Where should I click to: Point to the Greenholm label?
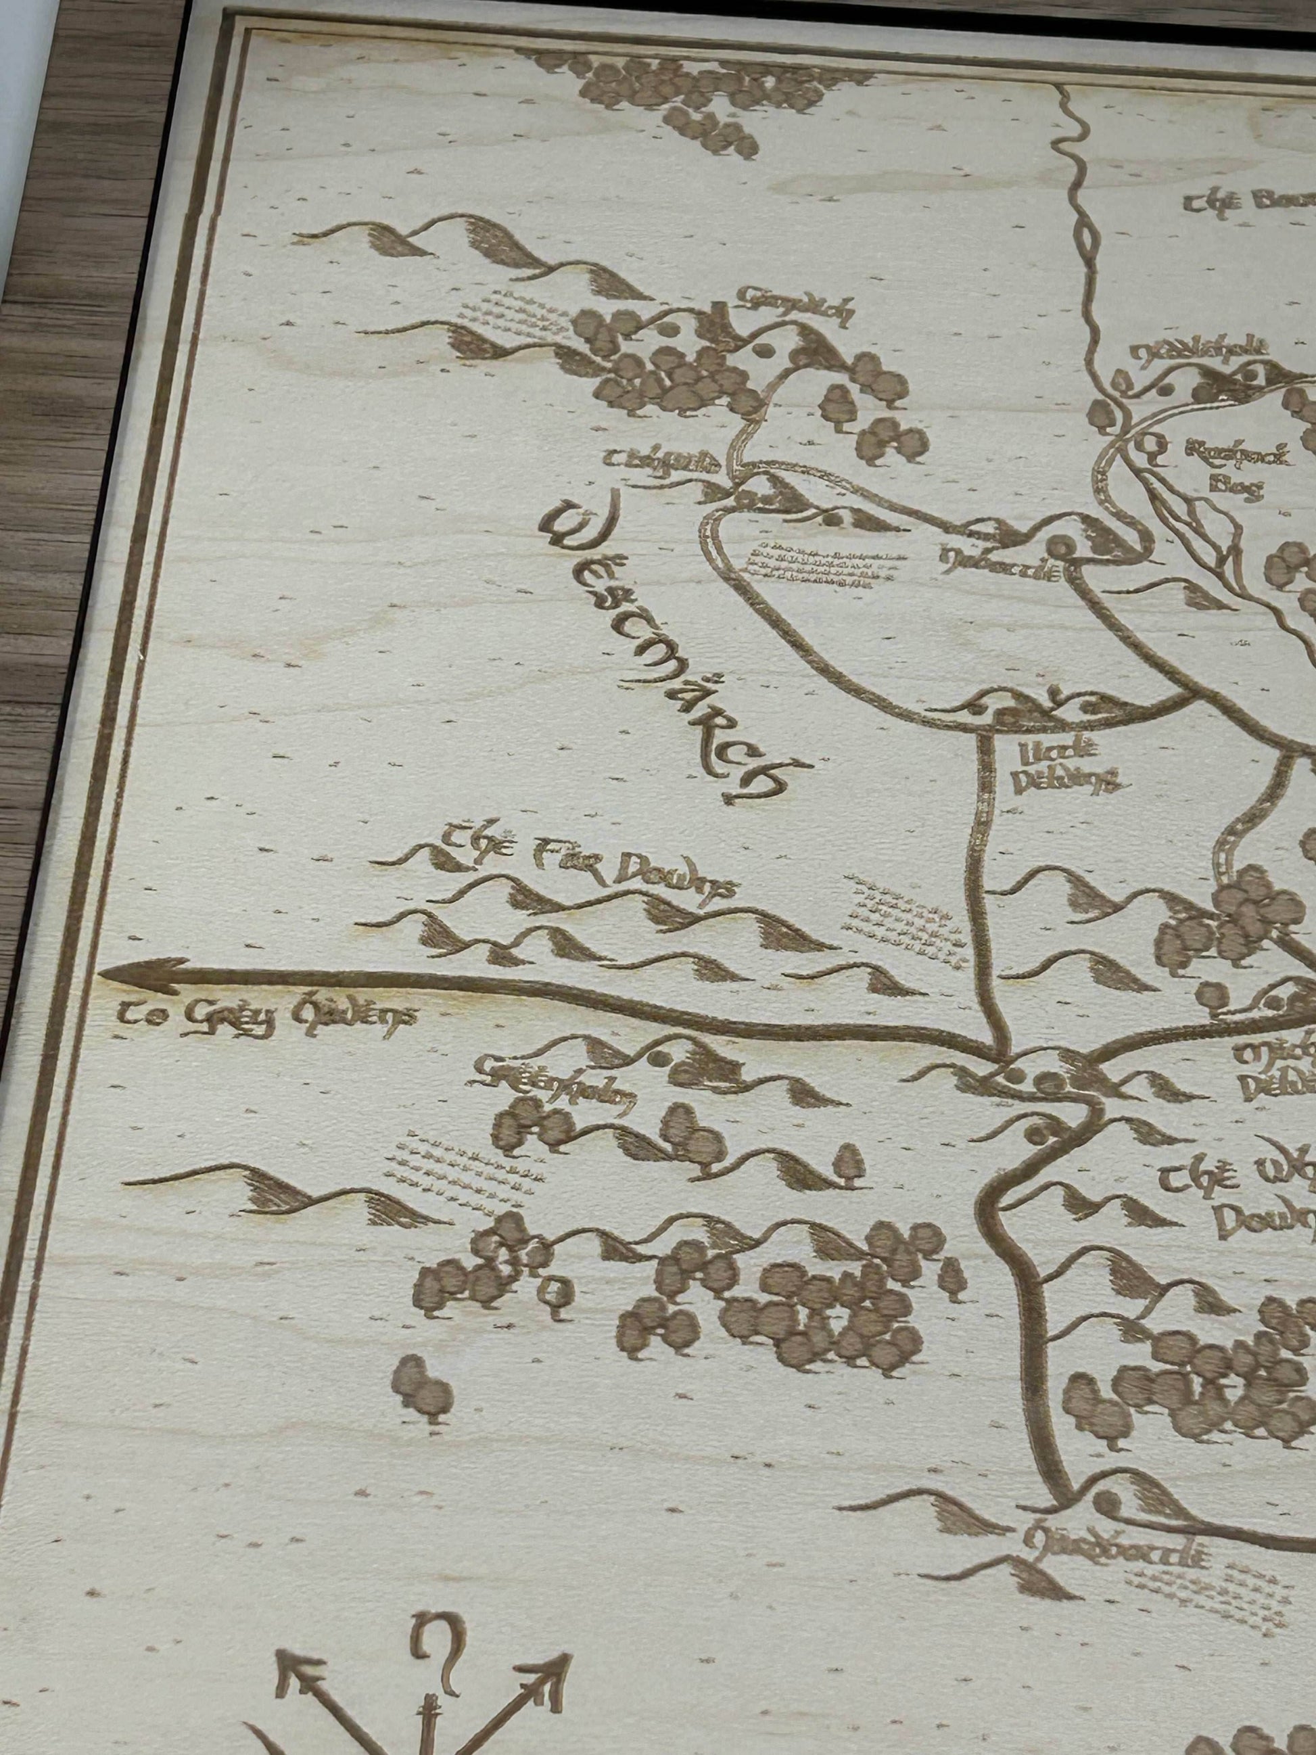(x=555, y=1087)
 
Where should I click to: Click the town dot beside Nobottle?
(x=1060, y=544)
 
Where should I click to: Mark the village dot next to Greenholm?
(x=659, y=1058)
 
